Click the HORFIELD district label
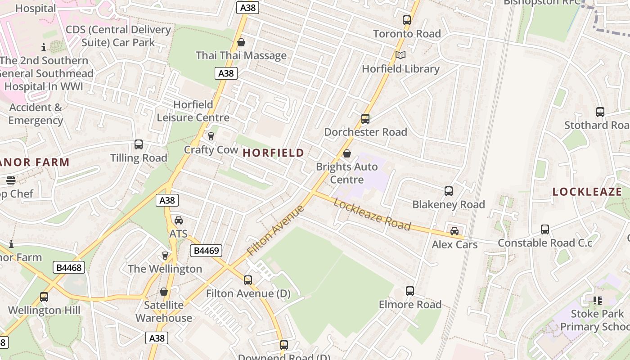click(x=273, y=153)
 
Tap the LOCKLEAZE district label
click(x=587, y=192)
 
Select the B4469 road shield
click(x=206, y=251)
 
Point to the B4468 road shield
click(x=69, y=268)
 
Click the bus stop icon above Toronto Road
click(x=407, y=20)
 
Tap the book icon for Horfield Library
click(x=400, y=55)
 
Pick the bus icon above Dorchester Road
click(x=365, y=119)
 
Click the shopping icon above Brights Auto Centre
click(x=347, y=153)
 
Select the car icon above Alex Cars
click(x=454, y=231)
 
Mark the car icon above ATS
click(x=179, y=220)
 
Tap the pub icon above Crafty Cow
click(x=211, y=136)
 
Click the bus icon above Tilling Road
click(x=139, y=144)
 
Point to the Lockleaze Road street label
click(x=372, y=214)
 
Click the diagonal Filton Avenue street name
click(x=276, y=230)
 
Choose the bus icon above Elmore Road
click(x=410, y=291)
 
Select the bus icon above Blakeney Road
click(x=449, y=191)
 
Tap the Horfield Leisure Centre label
click(x=193, y=111)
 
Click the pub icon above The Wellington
click(x=165, y=256)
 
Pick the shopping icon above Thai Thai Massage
click(x=241, y=42)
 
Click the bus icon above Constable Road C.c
click(x=545, y=229)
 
